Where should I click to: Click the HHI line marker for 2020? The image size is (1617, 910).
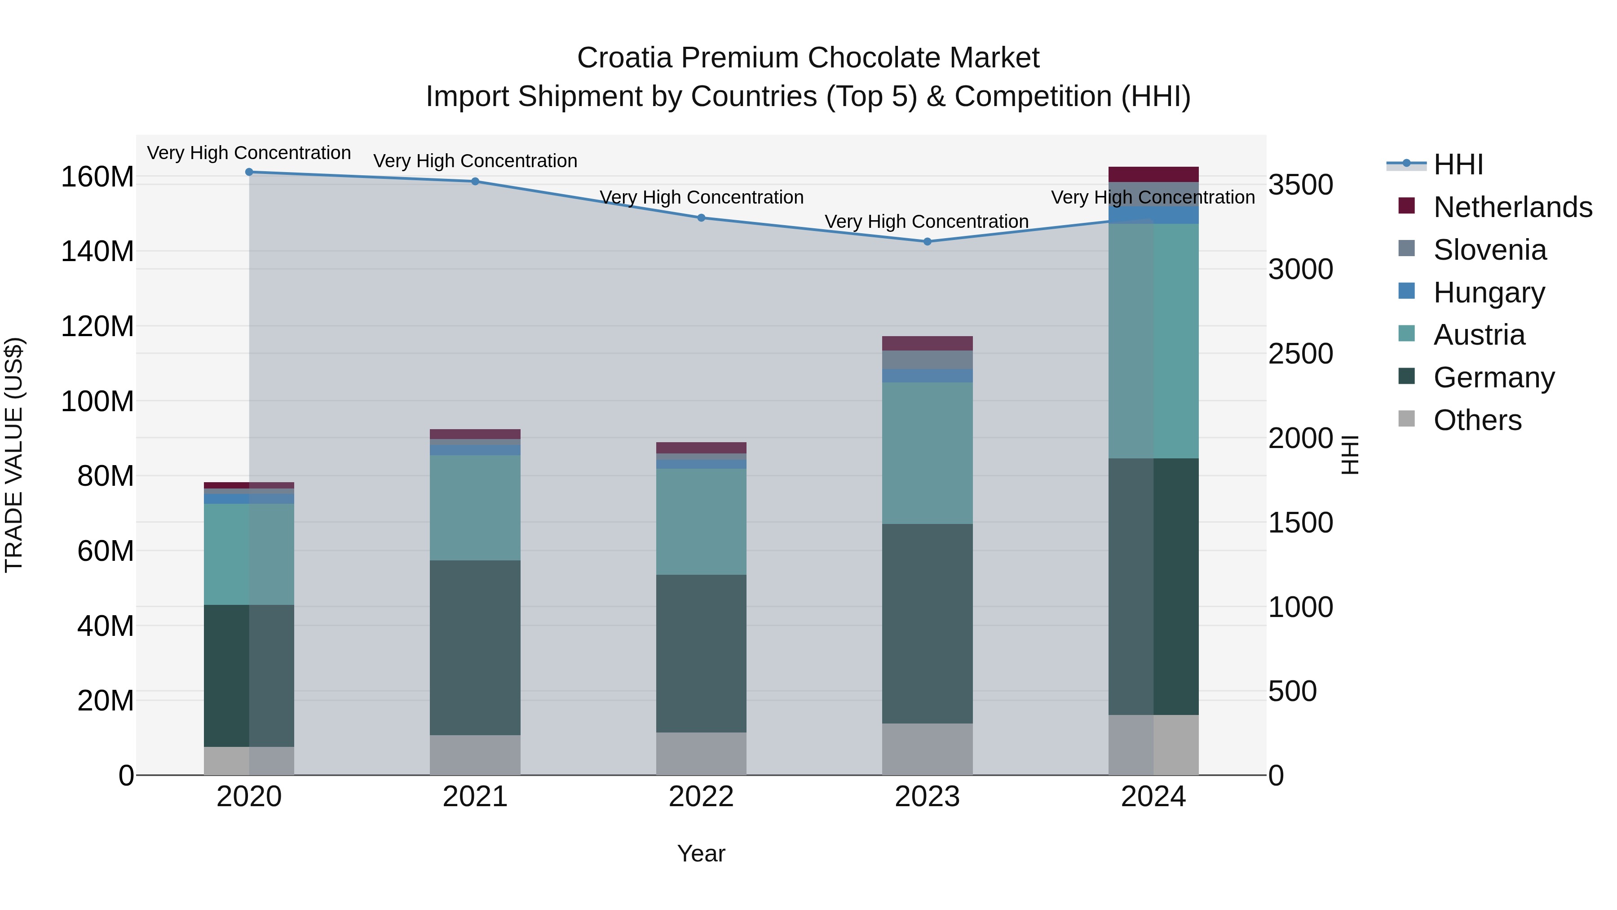(x=249, y=172)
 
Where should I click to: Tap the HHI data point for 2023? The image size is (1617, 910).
(x=927, y=241)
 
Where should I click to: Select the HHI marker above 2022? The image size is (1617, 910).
(x=701, y=218)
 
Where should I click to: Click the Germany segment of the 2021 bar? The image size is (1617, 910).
(x=475, y=647)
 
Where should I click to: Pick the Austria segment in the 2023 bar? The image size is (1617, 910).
(x=927, y=452)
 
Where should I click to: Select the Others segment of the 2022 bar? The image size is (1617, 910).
(x=701, y=753)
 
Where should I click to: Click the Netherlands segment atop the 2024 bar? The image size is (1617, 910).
(x=1153, y=174)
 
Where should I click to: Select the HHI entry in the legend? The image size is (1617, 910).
(x=1458, y=164)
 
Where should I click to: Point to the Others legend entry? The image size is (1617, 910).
(x=1477, y=420)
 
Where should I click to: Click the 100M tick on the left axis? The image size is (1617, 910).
(x=97, y=401)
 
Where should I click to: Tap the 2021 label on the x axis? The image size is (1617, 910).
(x=475, y=797)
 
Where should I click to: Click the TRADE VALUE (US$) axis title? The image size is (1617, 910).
(x=14, y=455)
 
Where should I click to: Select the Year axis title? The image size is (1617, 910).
(x=701, y=853)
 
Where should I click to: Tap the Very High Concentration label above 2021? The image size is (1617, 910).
(x=475, y=161)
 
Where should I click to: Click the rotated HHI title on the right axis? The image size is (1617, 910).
(x=1350, y=455)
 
